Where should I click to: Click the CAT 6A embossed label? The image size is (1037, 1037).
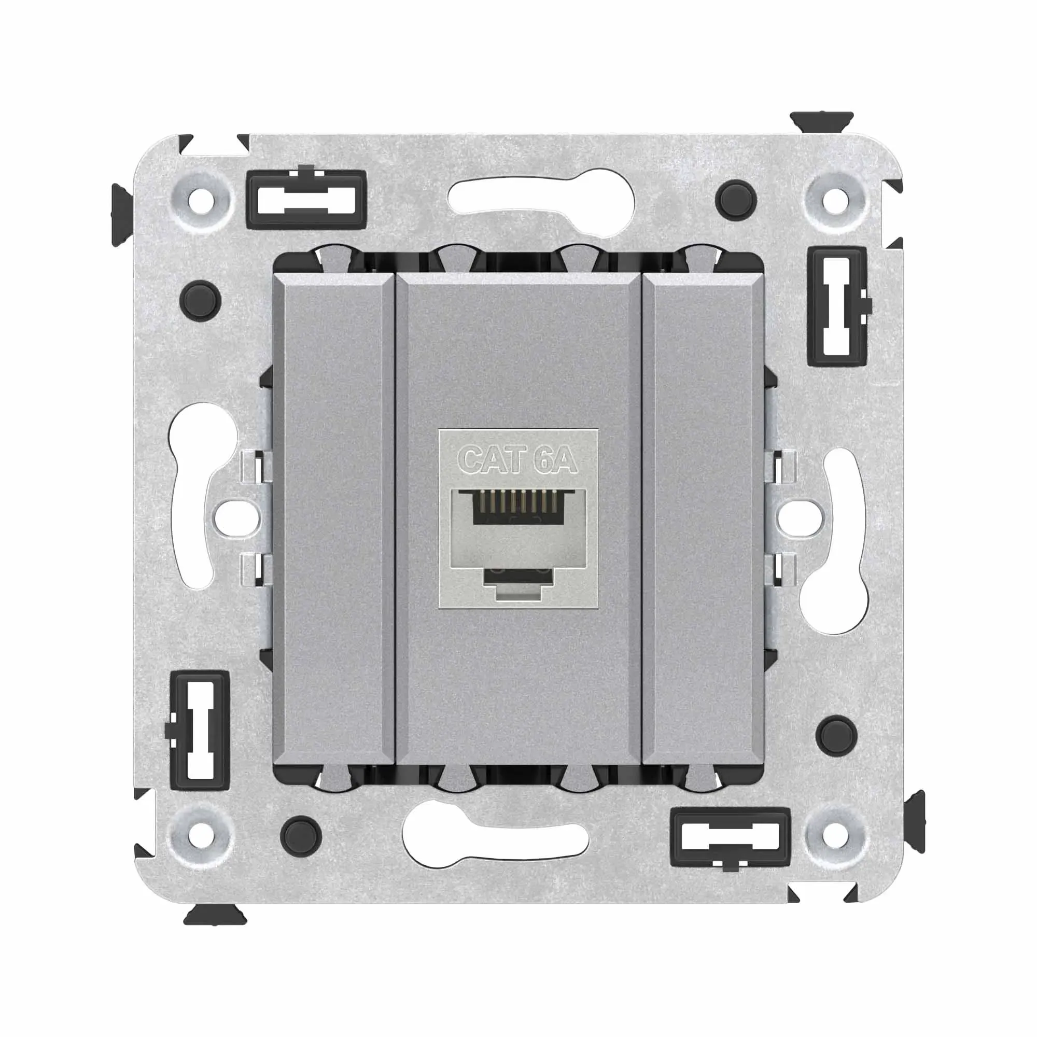click(x=517, y=460)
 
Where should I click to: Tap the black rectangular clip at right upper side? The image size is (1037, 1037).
click(x=838, y=306)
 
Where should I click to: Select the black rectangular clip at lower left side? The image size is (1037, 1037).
click(x=199, y=730)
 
